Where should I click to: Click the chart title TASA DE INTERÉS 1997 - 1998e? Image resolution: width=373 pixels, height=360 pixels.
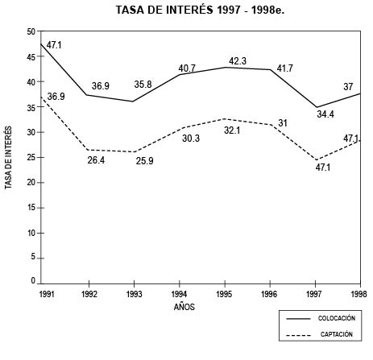pos(190,11)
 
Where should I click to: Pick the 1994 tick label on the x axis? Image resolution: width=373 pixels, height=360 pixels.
pos(180,294)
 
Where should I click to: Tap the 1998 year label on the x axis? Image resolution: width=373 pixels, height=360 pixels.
pos(360,294)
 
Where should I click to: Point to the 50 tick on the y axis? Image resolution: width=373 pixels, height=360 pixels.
pos(31,31)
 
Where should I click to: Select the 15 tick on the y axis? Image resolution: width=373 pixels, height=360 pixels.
pos(31,207)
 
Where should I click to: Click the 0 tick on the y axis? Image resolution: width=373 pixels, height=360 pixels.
pos(33,281)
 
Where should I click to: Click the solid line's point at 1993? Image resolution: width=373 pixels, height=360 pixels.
pos(133,101)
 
